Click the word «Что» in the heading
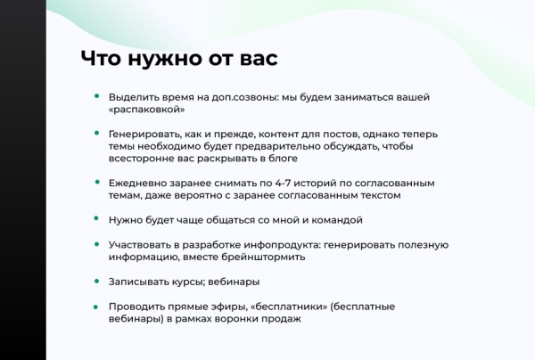click(x=102, y=59)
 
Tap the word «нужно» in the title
click(x=165, y=59)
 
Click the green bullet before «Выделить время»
click(x=97, y=96)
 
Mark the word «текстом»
click(x=378, y=195)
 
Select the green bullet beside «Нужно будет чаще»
click(x=97, y=219)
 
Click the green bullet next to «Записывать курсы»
click(x=97, y=282)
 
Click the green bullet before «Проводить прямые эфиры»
click(x=97, y=307)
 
